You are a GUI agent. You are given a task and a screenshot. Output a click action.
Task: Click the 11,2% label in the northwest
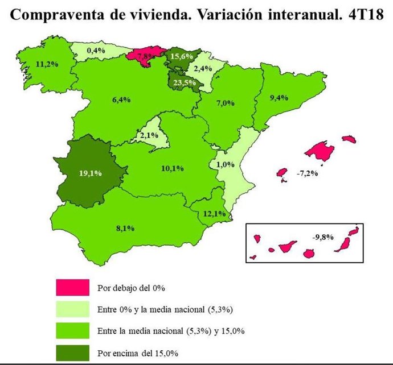pyautogui.click(x=47, y=63)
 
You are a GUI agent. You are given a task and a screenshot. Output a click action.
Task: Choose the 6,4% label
pyautogui.click(x=121, y=100)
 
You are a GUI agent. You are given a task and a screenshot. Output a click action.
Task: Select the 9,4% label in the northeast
pyautogui.click(x=279, y=97)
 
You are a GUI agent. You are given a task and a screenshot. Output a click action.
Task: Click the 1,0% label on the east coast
pyautogui.click(x=226, y=164)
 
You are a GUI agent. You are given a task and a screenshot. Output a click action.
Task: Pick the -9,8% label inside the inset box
pyautogui.click(x=322, y=236)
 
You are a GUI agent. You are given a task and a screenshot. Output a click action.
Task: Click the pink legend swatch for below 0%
pyautogui.click(x=73, y=287)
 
